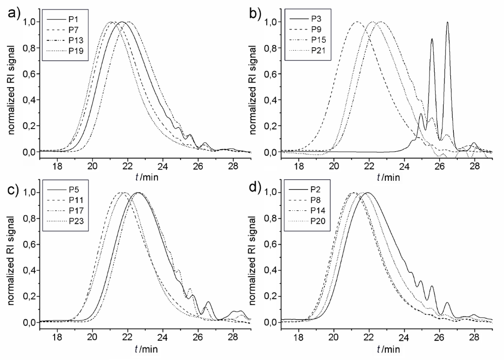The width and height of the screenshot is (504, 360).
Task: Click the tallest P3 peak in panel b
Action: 447,23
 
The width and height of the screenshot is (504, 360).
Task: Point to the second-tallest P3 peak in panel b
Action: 432,39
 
